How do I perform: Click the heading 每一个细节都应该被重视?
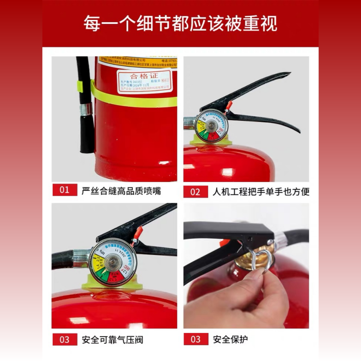point(180,23)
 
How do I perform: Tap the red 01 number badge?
point(65,190)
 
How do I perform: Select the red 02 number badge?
point(195,192)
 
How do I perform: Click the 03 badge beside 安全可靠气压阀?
point(65,339)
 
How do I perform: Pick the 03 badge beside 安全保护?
point(195,339)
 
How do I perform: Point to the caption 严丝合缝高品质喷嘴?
point(121,190)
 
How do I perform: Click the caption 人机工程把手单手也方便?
point(261,192)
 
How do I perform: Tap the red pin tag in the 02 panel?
point(229,106)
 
